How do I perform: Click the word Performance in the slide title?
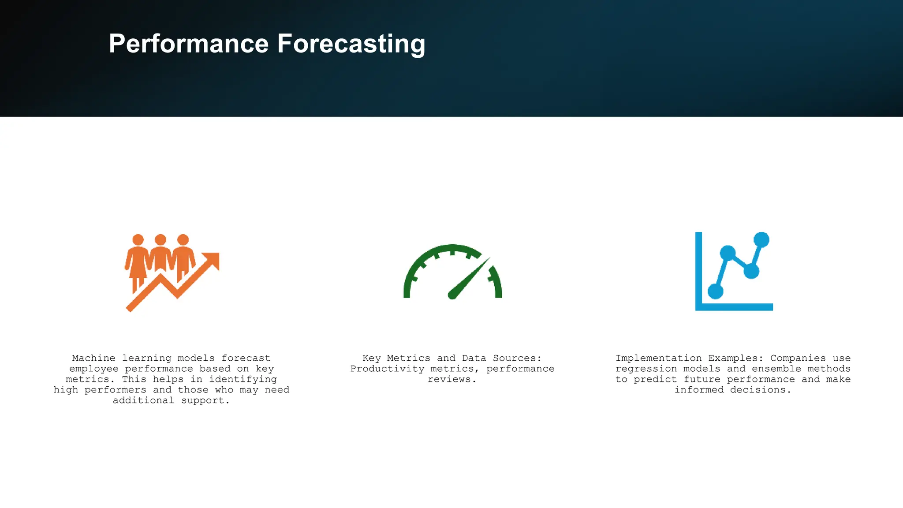click(189, 44)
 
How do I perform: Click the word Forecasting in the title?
click(351, 44)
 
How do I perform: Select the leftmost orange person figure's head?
click(138, 240)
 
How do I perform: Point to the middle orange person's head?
click(160, 240)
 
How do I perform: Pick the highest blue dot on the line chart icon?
click(761, 240)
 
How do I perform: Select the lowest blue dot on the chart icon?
click(715, 291)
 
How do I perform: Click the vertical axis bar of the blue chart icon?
click(698, 269)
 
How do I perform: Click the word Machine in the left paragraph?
click(93, 358)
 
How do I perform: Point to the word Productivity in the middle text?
click(387, 369)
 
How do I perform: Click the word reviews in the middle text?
click(449, 379)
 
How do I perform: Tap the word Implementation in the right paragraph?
click(658, 358)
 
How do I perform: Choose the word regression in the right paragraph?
click(646, 369)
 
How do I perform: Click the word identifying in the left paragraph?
click(243, 379)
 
